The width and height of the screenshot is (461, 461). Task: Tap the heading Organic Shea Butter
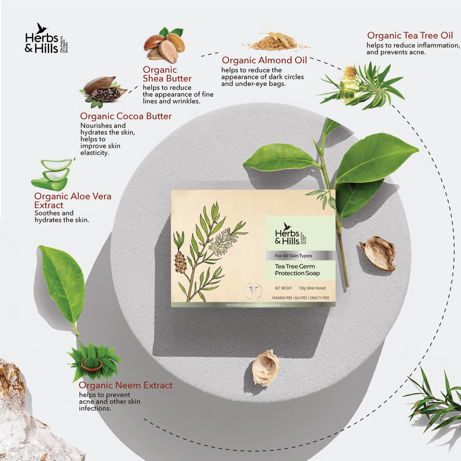tap(167, 74)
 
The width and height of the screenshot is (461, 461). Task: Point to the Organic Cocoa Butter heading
tap(126, 116)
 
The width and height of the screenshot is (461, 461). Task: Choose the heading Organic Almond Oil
tap(264, 60)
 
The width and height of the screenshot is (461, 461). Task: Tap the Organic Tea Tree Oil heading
tap(410, 36)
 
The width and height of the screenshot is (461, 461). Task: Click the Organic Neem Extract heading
tap(125, 385)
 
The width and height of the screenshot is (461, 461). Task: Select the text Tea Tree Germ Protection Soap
tap(298, 270)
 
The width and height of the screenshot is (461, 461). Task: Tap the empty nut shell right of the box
tap(378, 253)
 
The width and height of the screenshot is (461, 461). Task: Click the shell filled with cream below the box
tap(265, 368)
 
